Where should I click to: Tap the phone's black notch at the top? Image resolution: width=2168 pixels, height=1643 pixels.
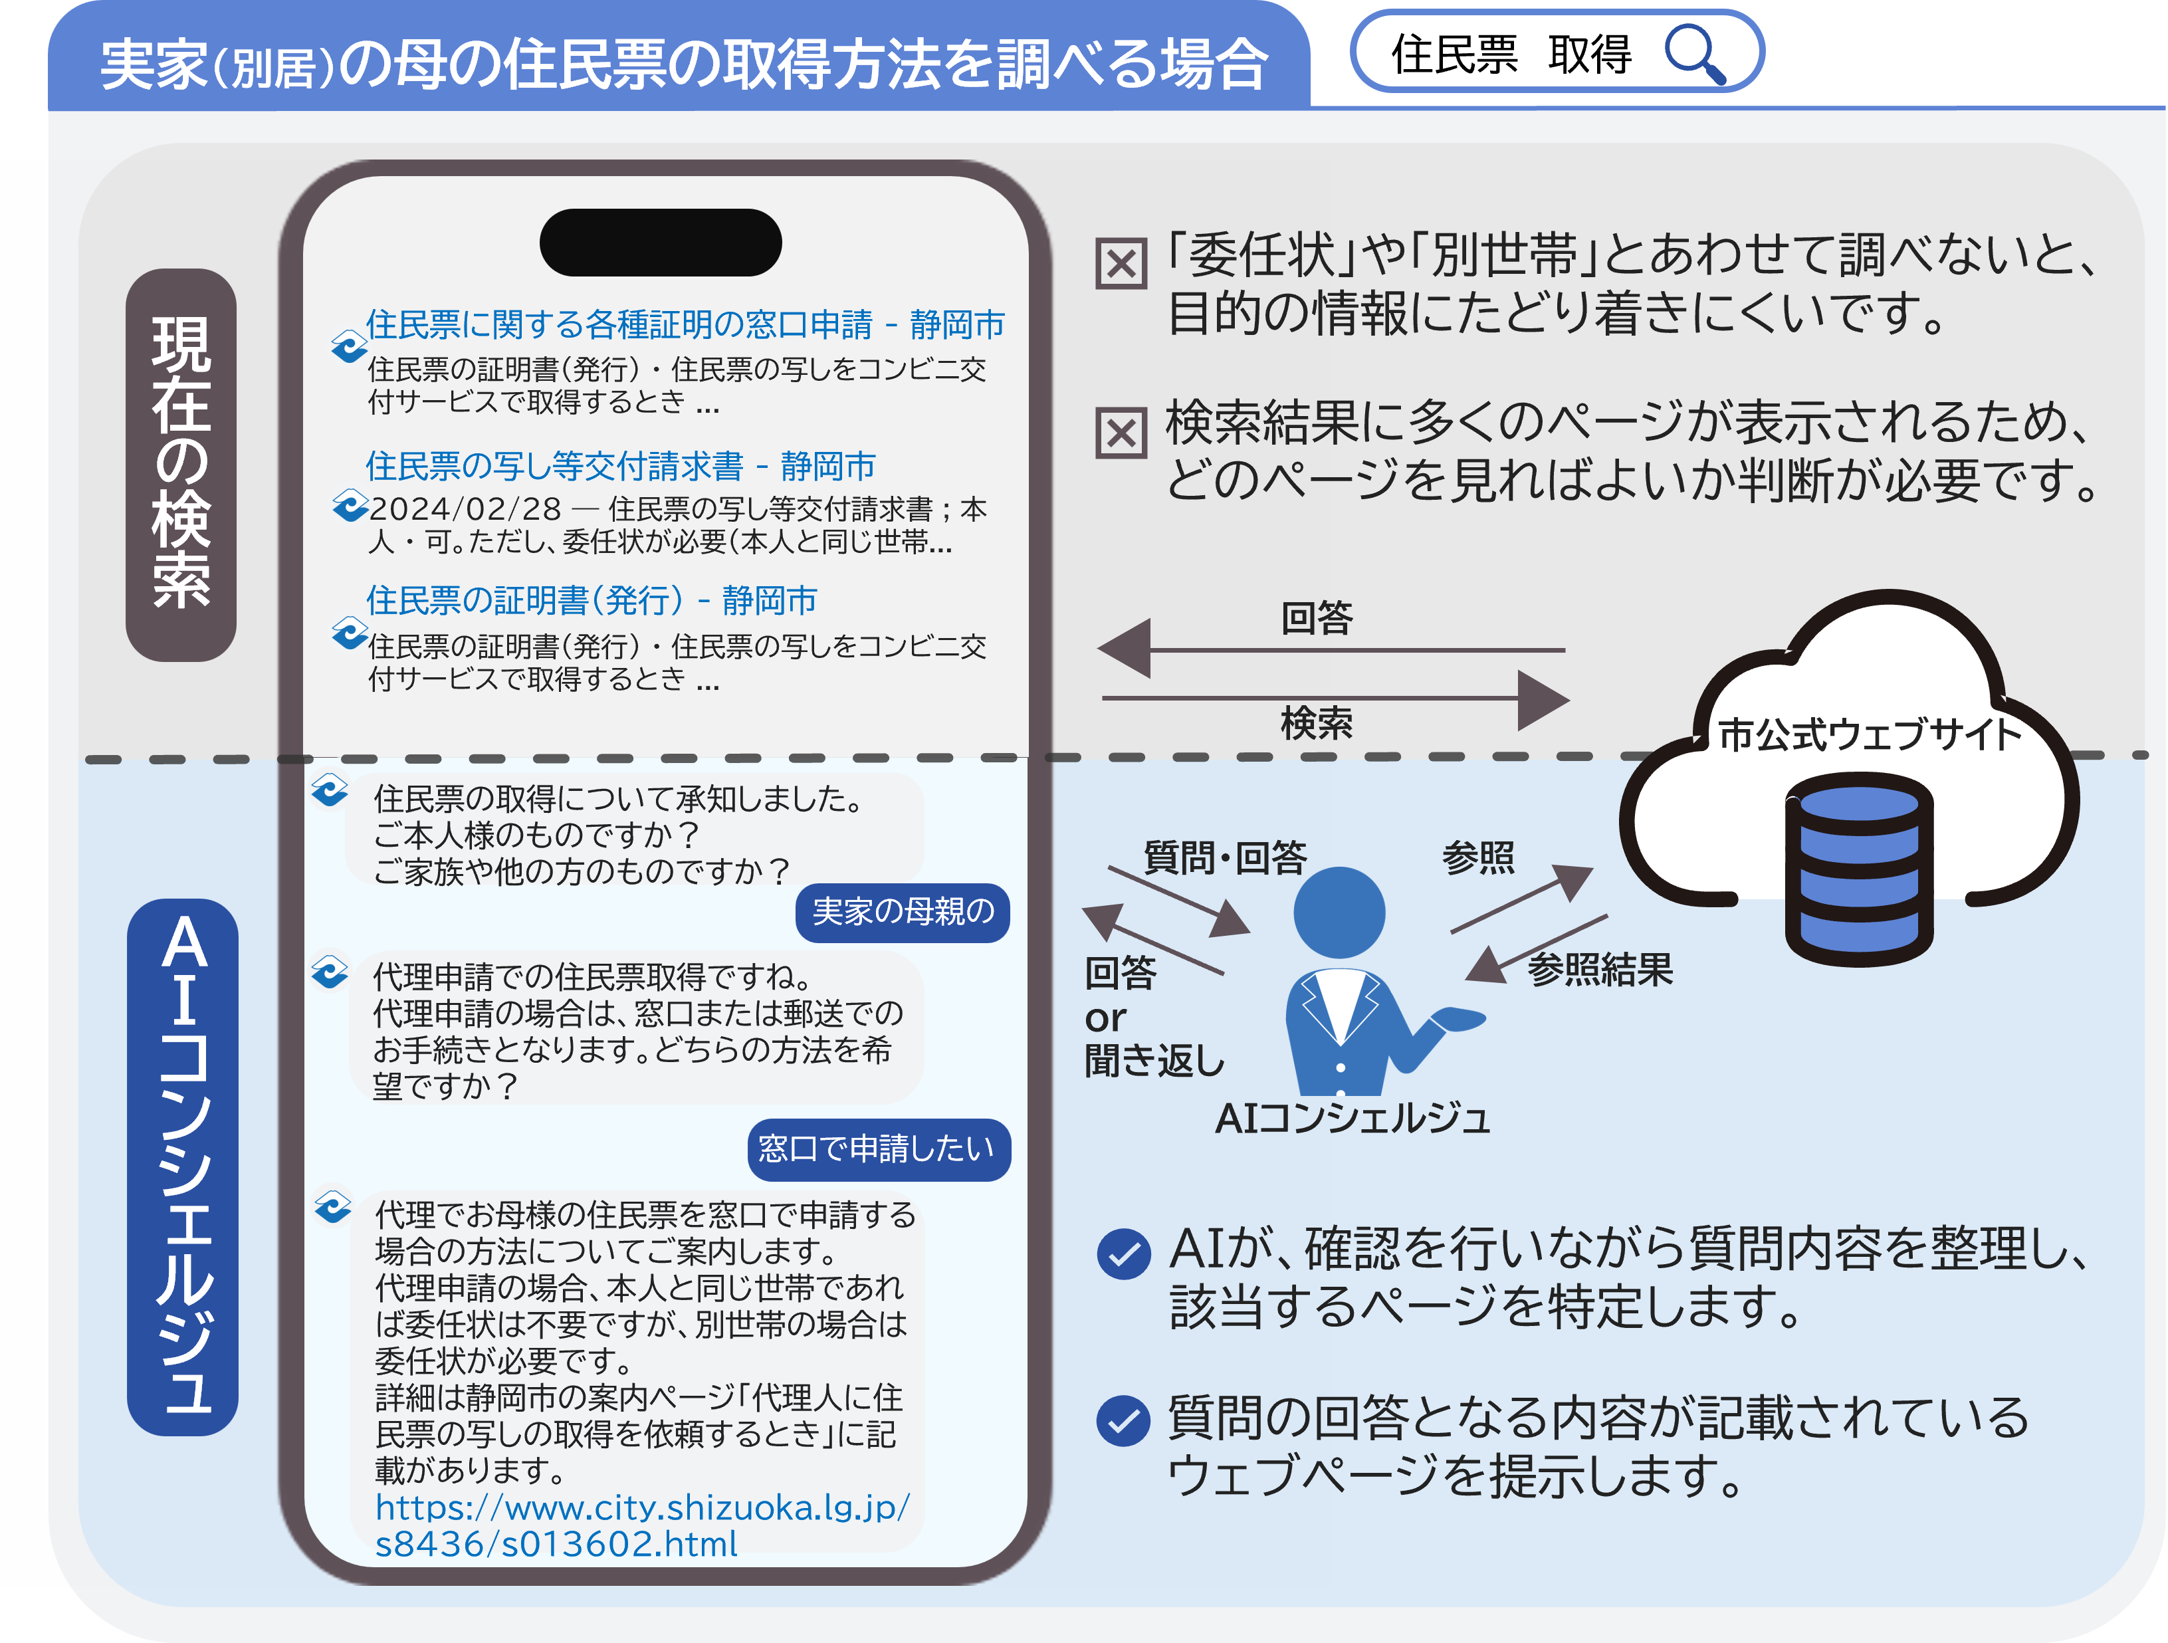(661, 242)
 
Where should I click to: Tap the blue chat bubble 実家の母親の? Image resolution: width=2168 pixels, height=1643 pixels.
(903, 912)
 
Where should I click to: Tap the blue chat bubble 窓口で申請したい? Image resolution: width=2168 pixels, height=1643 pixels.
(877, 1149)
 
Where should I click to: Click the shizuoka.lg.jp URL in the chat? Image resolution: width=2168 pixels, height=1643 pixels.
(642, 1525)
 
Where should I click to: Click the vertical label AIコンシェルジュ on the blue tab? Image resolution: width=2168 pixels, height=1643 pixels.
(183, 1166)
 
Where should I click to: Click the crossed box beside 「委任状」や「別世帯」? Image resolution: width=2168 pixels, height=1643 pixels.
(1121, 264)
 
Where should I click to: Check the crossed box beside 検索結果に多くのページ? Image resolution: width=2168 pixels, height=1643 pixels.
(1121, 433)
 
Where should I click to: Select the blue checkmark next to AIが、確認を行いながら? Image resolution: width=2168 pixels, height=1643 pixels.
(1123, 1254)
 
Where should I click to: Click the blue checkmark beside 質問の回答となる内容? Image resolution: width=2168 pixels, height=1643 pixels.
(1123, 1422)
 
